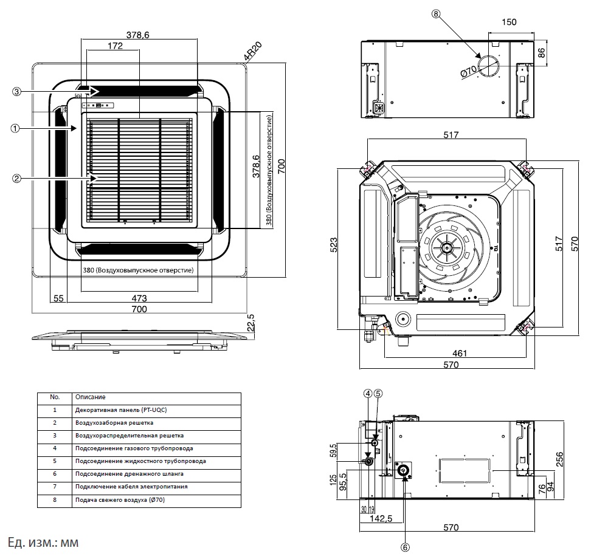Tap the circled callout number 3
17,91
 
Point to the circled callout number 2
17,178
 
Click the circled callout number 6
406,546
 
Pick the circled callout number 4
367,393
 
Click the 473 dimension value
140,298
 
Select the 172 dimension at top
112,46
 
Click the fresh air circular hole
488,66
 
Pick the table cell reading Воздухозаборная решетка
114,422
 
